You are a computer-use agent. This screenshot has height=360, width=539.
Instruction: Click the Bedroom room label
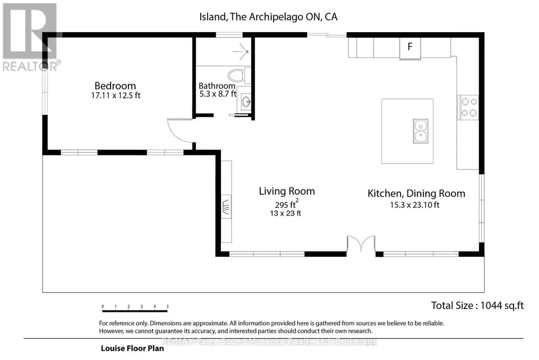(115, 86)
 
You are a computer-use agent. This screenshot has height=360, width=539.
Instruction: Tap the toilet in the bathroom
(238, 75)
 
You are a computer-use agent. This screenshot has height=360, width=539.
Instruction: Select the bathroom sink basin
(246, 102)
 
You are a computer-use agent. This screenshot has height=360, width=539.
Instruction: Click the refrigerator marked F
(410, 48)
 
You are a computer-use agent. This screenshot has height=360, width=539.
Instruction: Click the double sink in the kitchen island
(420, 131)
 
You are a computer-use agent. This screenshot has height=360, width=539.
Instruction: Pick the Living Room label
(287, 192)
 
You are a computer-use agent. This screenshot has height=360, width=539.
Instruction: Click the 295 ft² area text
(287, 204)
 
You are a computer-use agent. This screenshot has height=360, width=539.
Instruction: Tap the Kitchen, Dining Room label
(416, 194)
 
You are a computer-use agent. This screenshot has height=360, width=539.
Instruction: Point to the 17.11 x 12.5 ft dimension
(116, 95)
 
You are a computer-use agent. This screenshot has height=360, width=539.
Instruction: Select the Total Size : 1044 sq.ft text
(477, 305)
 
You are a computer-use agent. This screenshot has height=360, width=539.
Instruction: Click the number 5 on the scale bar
(168, 306)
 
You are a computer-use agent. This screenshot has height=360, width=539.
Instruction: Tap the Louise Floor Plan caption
(133, 348)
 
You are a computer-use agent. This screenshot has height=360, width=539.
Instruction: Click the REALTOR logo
(30, 37)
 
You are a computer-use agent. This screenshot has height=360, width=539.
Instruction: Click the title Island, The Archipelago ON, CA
(268, 17)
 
